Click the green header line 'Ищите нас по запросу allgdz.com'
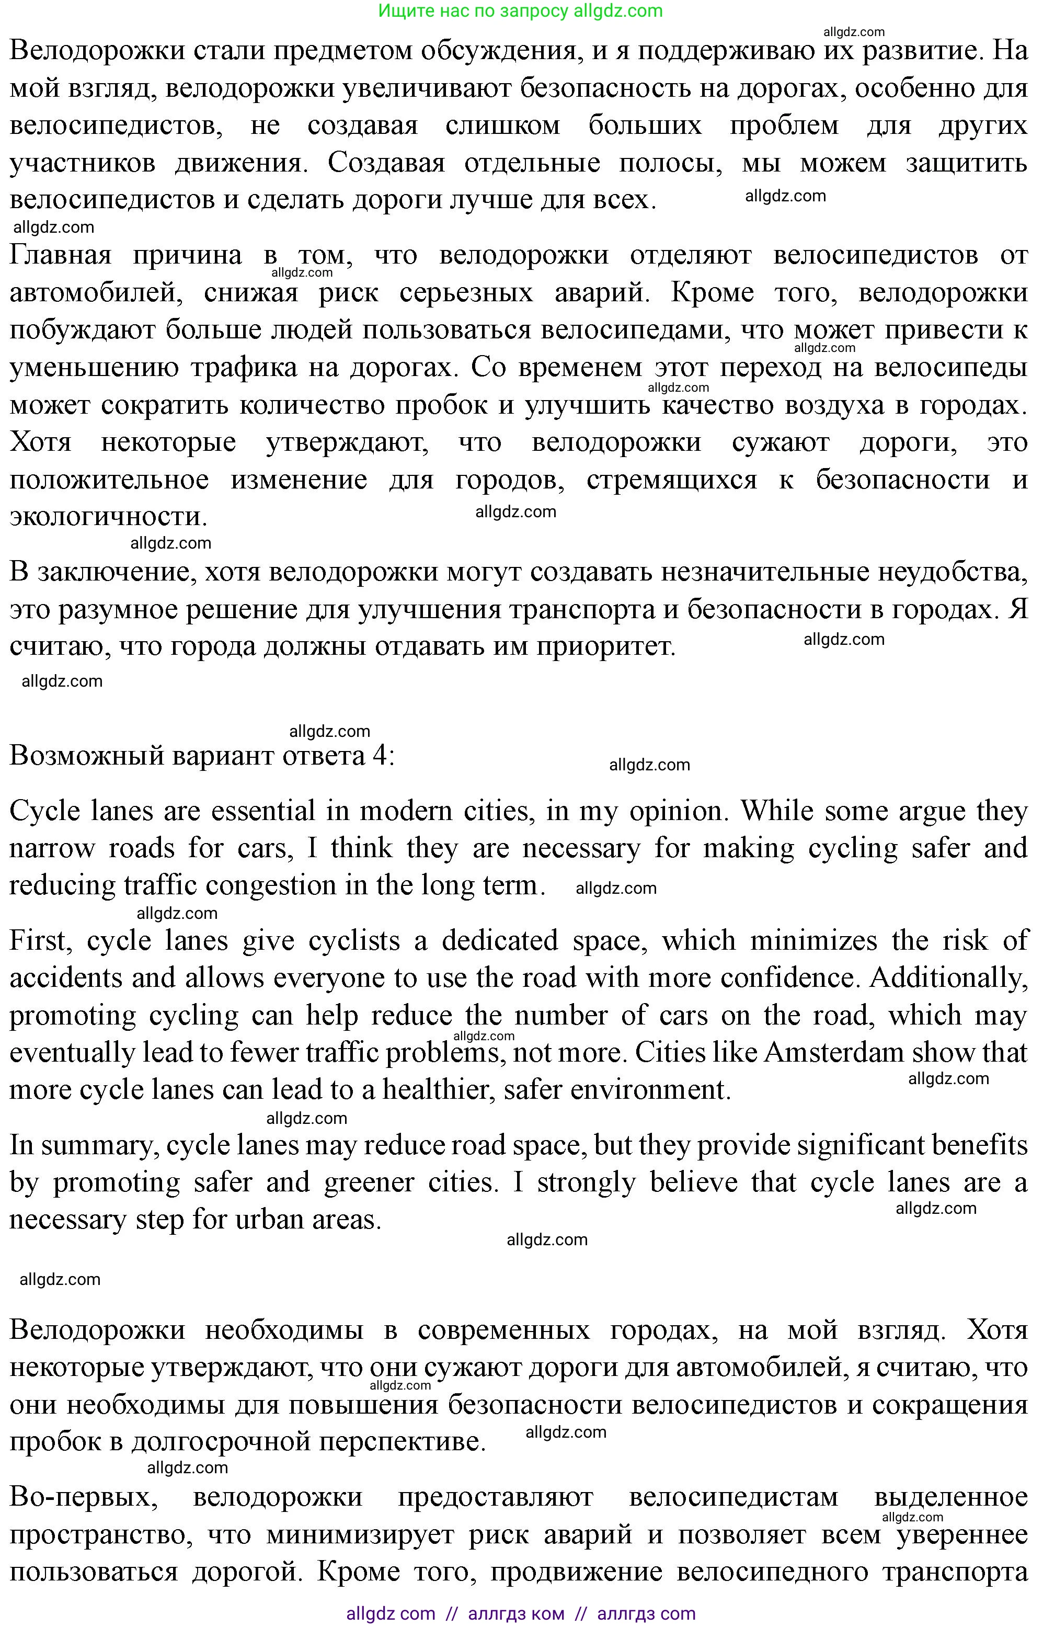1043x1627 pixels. (x=520, y=11)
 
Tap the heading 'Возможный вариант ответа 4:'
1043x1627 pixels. (x=202, y=755)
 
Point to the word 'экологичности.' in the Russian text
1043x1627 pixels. (x=108, y=517)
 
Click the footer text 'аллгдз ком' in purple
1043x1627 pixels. (x=516, y=1613)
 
